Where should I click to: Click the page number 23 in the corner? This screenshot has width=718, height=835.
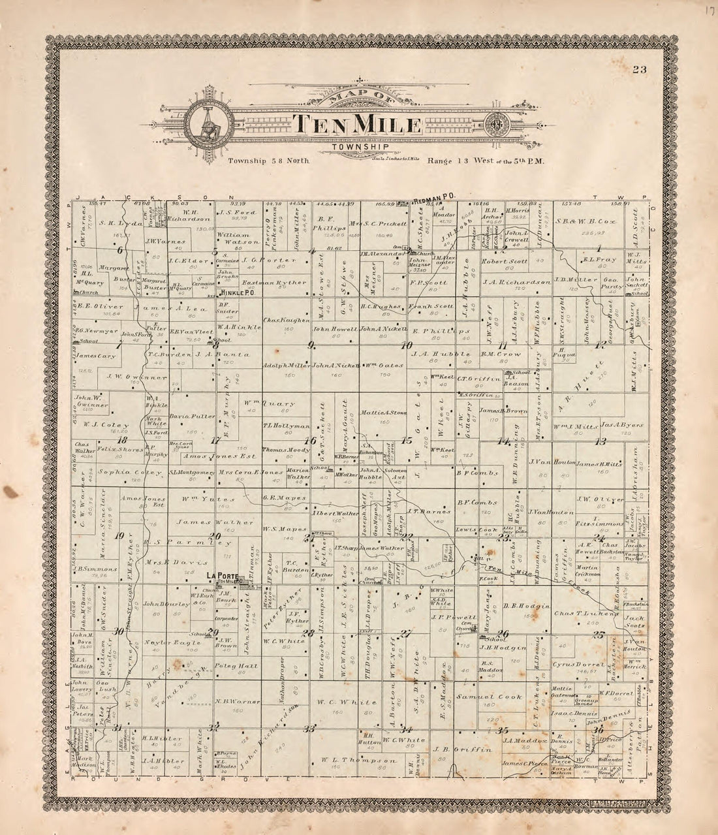tap(638, 71)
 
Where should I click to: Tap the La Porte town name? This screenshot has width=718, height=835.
tap(221, 575)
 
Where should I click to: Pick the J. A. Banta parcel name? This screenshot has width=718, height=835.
tap(209, 354)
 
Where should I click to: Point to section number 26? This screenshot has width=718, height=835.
tap(503, 633)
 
